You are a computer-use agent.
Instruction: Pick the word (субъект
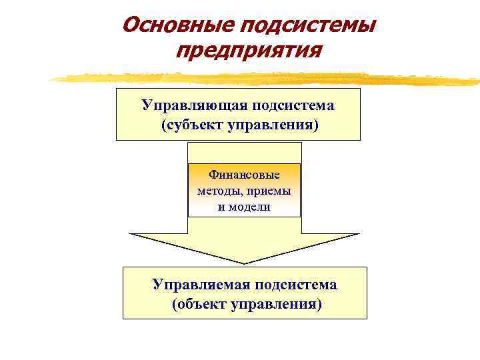193,125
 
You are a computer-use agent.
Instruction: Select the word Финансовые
244,175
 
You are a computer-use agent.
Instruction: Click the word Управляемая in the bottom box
197,285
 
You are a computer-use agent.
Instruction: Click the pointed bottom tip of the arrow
245,263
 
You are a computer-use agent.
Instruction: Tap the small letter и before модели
221,207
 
